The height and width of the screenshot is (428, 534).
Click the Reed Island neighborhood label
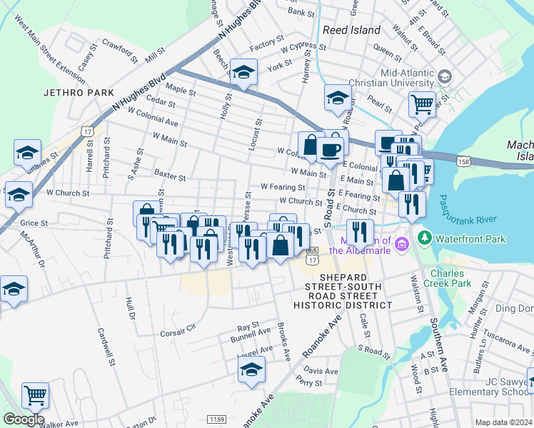click(x=351, y=30)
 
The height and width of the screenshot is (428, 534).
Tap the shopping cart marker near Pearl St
click(x=422, y=104)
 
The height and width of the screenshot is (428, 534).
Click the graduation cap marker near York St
click(x=243, y=73)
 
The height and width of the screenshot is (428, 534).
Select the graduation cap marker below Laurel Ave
click(x=251, y=370)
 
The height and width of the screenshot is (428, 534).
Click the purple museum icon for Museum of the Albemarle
click(x=401, y=246)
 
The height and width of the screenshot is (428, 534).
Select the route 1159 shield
click(x=217, y=418)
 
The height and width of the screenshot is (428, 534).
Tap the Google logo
click(x=24, y=419)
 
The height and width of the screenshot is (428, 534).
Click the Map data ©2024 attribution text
click(x=503, y=422)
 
